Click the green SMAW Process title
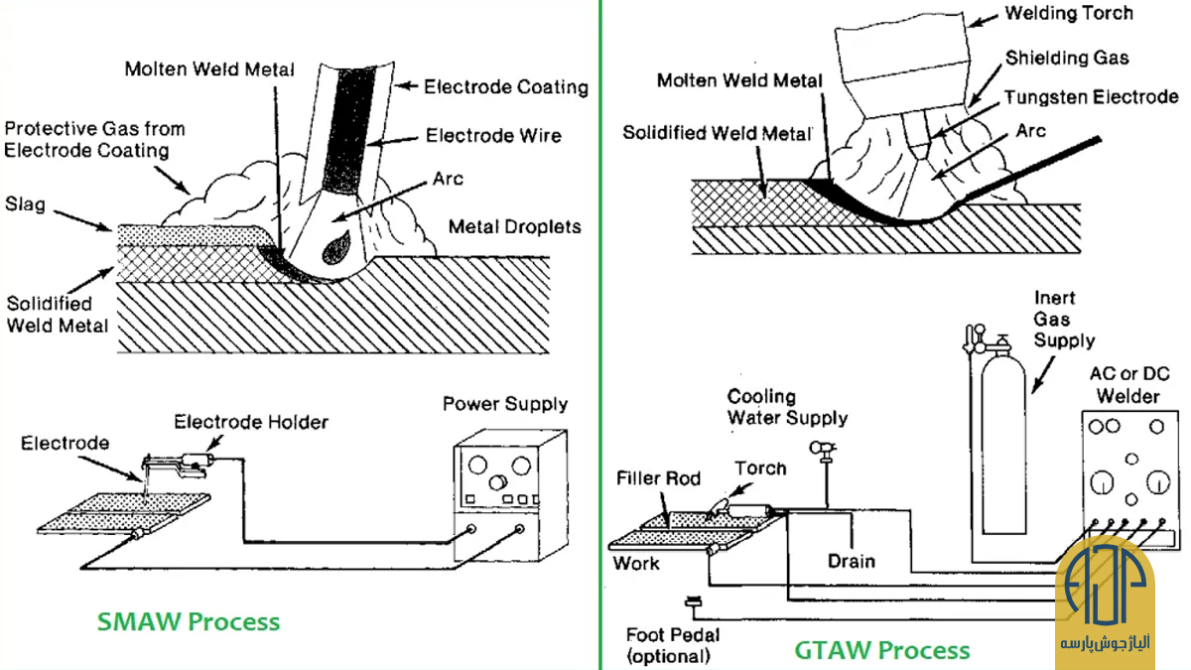(189, 621)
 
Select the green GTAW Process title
(882, 650)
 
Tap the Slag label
(25, 204)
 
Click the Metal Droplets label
(515, 227)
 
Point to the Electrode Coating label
(505, 87)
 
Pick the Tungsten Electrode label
(1091, 97)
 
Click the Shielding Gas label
(1067, 58)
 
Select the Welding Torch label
(1069, 13)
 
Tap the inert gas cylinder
(1002, 442)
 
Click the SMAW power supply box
(510, 495)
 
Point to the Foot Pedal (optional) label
(673, 645)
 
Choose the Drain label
(852, 562)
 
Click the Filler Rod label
(658, 478)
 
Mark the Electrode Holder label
(251, 422)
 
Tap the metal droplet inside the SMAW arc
(336, 248)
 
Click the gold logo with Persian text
(1105, 601)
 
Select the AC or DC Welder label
(1129, 385)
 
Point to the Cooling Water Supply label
(787, 407)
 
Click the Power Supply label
(505, 404)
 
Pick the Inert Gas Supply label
(1064, 320)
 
